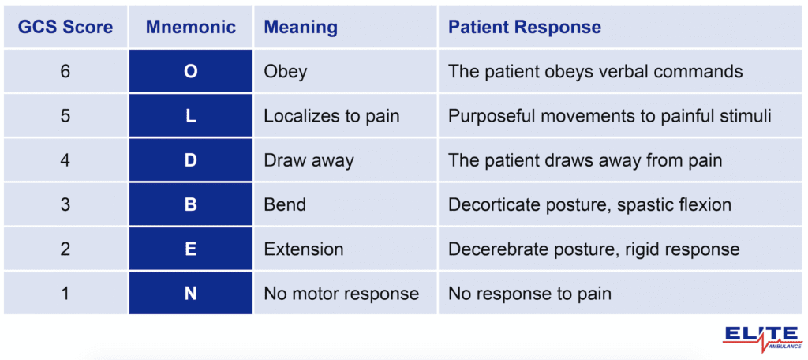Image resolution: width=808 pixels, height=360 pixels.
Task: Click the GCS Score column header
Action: [65, 27]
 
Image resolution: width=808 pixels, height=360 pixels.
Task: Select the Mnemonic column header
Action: [191, 27]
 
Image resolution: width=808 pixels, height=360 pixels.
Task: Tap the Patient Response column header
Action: [525, 27]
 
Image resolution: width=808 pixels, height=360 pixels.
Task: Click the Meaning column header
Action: [301, 27]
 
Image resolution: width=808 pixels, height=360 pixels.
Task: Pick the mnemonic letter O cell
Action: [191, 72]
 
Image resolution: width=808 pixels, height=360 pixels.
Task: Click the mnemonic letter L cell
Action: [191, 116]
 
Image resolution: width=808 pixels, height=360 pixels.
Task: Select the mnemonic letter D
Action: [191, 161]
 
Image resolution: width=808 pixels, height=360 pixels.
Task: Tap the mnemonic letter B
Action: [191, 205]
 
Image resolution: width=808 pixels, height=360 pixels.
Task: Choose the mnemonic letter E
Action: [191, 249]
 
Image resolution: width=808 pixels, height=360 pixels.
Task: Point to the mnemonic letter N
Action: [191, 294]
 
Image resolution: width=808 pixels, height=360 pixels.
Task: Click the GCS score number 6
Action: [65, 72]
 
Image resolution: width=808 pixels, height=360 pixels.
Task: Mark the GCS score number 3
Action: [65, 205]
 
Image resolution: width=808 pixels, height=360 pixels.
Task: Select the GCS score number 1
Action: [65, 294]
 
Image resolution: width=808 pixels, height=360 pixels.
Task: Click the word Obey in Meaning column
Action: [285, 72]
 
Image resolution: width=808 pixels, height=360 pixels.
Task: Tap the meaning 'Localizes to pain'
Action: [331, 116]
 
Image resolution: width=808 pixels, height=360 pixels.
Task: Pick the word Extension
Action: [304, 249]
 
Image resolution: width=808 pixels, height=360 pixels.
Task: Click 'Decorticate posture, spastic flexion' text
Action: [589, 205]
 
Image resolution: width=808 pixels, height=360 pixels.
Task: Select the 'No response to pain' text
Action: [529, 294]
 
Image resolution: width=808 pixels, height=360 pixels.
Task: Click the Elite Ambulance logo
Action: [761, 335]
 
